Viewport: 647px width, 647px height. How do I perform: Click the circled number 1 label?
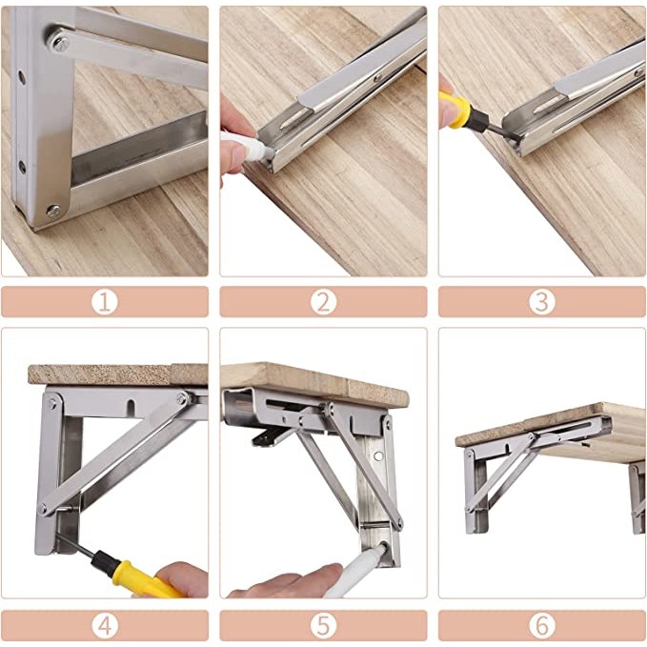pyautogui.click(x=105, y=302)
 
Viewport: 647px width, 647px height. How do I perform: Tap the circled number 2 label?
pyautogui.click(x=323, y=302)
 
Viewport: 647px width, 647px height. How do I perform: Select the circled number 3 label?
pyautogui.click(x=542, y=302)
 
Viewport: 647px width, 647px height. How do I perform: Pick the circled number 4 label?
pyautogui.click(x=105, y=625)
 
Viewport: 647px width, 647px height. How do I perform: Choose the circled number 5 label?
pyautogui.click(x=323, y=625)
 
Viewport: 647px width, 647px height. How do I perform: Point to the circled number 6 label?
pyautogui.click(x=542, y=625)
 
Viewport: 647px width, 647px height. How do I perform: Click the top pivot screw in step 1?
pyautogui.click(x=60, y=43)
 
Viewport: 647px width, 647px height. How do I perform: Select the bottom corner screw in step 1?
pyautogui.click(x=53, y=211)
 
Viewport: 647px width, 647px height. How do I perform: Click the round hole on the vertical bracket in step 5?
pyautogui.click(x=378, y=456)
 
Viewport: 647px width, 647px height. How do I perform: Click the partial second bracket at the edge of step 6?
pyautogui.click(x=637, y=496)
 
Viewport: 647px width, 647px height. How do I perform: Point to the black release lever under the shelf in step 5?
pyautogui.click(x=272, y=436)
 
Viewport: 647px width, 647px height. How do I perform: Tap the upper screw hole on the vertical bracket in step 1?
pyautogui.click(x=22, y=77)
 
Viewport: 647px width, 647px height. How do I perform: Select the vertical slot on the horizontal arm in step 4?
pyautogui.click(x=131, y=407)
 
